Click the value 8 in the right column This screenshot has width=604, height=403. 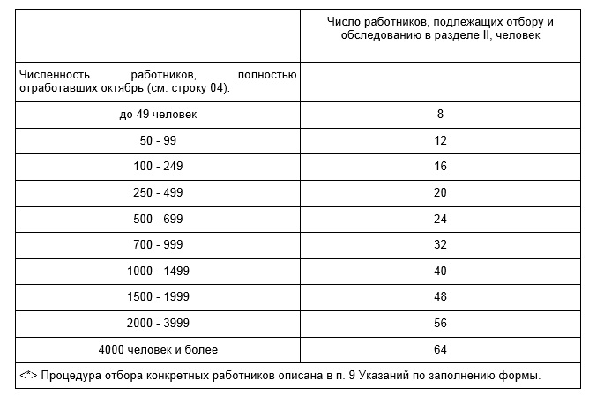click(x=440, y=114)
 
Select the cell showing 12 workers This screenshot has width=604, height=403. click(x=440, y=140)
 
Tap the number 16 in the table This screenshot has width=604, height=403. click(x=440, y=166)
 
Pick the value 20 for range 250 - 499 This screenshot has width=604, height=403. click(x=440, y=192)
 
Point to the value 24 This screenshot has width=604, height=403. click(x=440, y=218)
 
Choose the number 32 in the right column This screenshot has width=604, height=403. click(x=440, y=244)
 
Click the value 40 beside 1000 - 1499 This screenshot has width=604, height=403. click(x=440, y=271)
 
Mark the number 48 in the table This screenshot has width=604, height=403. click(x=440, y=296)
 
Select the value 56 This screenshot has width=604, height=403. click(x=440, y=323)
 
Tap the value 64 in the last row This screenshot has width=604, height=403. click(x=440, y=349)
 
